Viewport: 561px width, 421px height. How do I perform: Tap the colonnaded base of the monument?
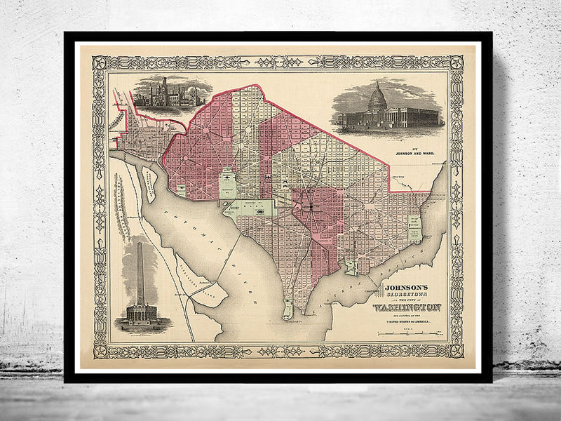(x=141, y=313)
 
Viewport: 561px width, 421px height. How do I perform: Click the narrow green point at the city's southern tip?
(x=288, y=309)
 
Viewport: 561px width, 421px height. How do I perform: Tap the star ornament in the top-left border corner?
(x=100, y=63)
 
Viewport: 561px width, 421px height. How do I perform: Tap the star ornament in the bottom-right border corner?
(x=456, y=349)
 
